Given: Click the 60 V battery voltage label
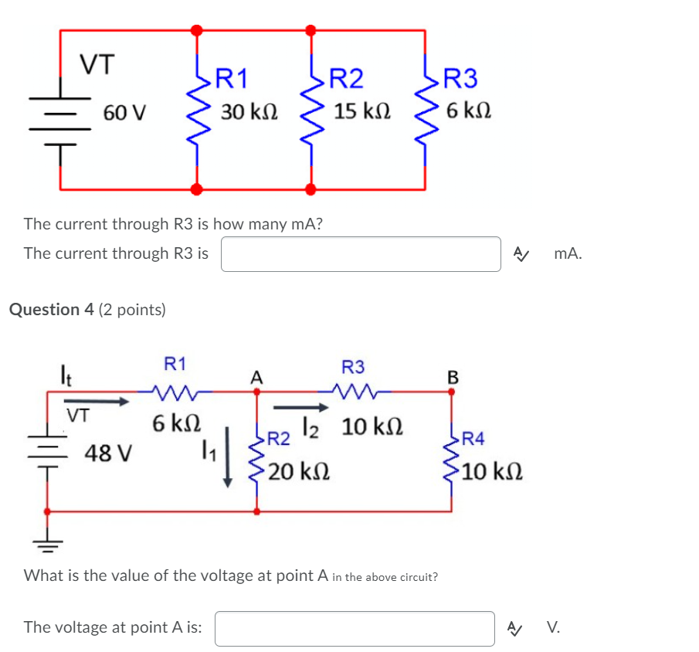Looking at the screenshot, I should [x=124, y=113].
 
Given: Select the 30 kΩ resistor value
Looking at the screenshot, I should [x=249, y=112].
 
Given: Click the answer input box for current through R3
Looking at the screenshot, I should [x=361, y=254].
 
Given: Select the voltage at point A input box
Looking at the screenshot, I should [x=355, y=628].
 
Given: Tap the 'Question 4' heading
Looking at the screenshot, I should [x=52, y=310].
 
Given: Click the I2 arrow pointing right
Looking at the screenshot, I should [x=300, y=407].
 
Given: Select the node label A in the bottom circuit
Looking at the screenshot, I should [x=256, y=378].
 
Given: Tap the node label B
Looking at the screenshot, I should [x=453, y=378].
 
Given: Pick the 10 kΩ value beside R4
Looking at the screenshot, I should [x=494, y=470].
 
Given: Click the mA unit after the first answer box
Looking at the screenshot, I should [x=568, y=254].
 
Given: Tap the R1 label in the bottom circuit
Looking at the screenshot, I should [x=175, y=364].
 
